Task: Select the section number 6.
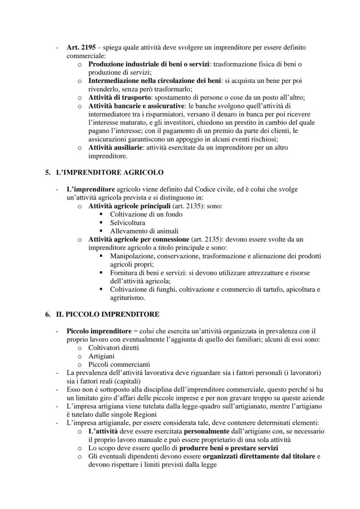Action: click(48, 314)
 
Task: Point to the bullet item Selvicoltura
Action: click(127, 223)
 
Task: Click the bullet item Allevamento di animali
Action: click(144, 231)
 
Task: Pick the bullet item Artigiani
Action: click(101, 356)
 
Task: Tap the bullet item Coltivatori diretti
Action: click(113, 348)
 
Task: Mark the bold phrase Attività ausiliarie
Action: click(115, 147)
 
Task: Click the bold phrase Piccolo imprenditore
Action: click(96, 331)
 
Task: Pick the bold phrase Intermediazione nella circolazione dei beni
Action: click(150, 81)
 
